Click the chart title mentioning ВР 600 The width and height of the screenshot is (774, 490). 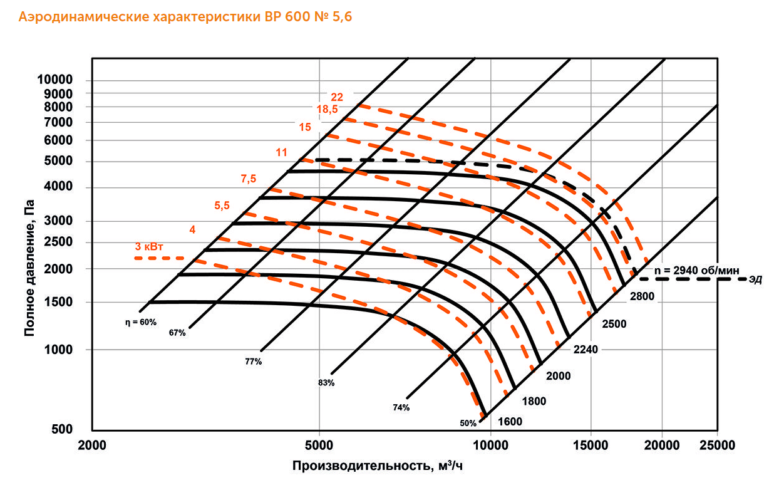pyautogui.click(x=185, y=18)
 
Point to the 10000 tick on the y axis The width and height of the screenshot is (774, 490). pyautogui.click(x=55, y=80)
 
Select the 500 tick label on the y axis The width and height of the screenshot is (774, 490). pyautogui.click(x=64, y=430)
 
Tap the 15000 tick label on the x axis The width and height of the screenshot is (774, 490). pyautogui.click(x=591, y=445)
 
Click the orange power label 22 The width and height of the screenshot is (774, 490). pyautogui.click(x=337, y=97)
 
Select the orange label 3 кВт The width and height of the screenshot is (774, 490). pyautogui.click(x=150, y=246)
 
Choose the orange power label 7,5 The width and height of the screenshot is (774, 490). pyautogui.click(x=249, y=179)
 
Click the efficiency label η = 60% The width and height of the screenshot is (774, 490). pyautogui.click(x=139, y=322)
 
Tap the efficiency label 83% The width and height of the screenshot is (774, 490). pyautogui.click(x=326, y=382)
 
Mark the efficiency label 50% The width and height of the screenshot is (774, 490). pyautogui.click(x=468, y=424)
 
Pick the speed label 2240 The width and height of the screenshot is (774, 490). pyautogui.click(x=586, y=350)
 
